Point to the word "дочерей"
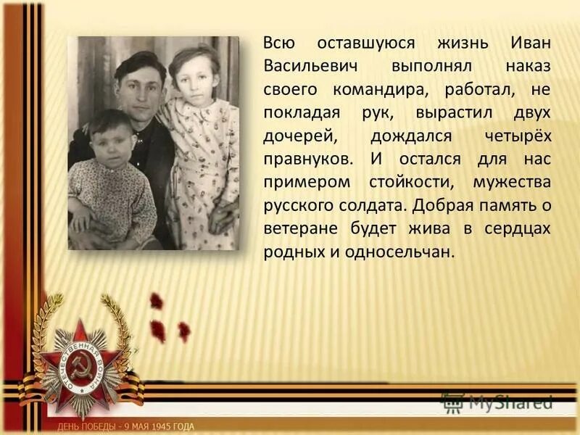(x=296, y=136)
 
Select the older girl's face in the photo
(x=194, y=76)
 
